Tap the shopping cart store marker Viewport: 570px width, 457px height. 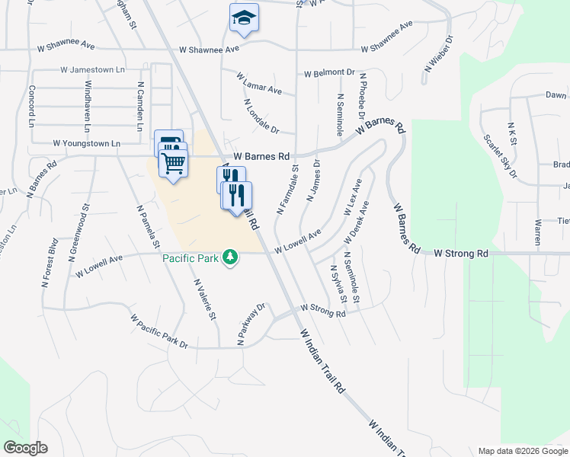174,163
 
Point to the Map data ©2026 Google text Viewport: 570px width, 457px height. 522,451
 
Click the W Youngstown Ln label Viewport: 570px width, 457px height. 87,143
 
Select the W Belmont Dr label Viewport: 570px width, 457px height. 329,74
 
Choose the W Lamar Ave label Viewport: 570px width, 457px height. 259,84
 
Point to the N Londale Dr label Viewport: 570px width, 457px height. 261,116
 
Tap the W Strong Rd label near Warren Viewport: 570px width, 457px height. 461,253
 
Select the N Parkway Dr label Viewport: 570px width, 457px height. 251,325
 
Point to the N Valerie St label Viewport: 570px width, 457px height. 203,300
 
